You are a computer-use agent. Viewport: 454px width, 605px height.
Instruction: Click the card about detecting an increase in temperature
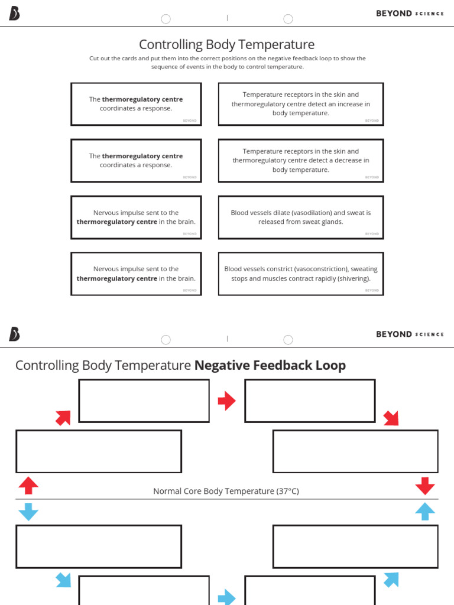click(301, 104)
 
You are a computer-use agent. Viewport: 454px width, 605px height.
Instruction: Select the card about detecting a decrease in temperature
click(301, 161)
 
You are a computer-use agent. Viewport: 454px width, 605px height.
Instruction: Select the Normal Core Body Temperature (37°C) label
click(226, 491)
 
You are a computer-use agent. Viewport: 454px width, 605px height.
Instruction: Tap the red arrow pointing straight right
click(226, 401)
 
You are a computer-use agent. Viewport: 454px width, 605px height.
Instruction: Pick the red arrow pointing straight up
click(28, 486)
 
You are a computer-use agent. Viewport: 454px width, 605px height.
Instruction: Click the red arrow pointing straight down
click(425, 486)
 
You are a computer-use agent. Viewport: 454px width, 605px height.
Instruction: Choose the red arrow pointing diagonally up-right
click(63, 418)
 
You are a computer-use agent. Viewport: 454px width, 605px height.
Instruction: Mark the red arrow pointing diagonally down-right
click(391, 418)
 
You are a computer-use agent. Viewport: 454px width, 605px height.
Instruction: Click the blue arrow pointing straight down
click(28, 511)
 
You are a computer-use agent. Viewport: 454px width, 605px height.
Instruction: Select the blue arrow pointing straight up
click(425, 511)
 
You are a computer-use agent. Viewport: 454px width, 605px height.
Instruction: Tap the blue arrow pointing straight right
click(226, 598)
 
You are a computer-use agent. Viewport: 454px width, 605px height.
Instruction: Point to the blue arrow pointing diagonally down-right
click(63, 580)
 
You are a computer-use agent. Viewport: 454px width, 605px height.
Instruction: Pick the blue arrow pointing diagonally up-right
click(391, 580)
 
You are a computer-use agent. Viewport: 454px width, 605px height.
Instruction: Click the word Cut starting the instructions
click(95, 58)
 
